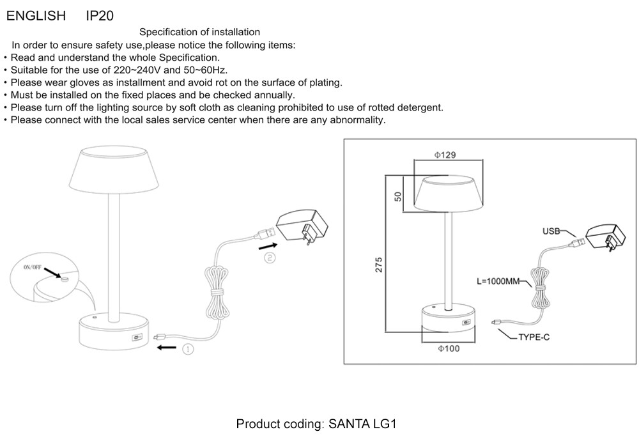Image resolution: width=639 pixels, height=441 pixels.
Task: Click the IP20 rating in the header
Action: point(100,16)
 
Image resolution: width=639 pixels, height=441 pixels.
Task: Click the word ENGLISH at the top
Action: point(36,16)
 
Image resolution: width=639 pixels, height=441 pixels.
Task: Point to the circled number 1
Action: point(188,349)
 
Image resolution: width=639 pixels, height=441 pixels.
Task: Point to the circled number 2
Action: point(270,258)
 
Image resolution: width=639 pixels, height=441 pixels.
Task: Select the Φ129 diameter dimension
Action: point(445,155)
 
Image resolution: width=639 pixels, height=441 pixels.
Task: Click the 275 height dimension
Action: point(378,265)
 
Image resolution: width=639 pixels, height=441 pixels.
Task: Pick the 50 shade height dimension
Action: point(397,196)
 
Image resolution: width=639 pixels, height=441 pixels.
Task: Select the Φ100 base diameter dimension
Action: point(448,348)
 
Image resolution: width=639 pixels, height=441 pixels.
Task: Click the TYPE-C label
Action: point(534,337)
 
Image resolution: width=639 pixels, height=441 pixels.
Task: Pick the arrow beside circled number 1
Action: point(167,348)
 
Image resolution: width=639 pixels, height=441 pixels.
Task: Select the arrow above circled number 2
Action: point(268,245)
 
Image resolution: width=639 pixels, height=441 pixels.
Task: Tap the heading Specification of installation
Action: point(199,32)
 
